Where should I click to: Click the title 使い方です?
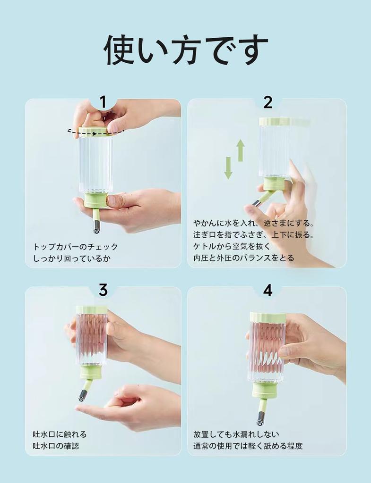185,50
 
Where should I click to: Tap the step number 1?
103,102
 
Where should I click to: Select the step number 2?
267,102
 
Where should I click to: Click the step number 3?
103,290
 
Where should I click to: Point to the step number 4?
267,290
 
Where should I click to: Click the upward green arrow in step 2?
241,150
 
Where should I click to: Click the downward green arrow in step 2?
228,168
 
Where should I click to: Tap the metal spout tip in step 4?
260,418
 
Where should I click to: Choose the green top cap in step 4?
267,317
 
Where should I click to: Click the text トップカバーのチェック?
76,247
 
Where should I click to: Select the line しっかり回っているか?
72,258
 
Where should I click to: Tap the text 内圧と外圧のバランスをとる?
243,258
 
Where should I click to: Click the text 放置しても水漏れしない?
236,434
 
